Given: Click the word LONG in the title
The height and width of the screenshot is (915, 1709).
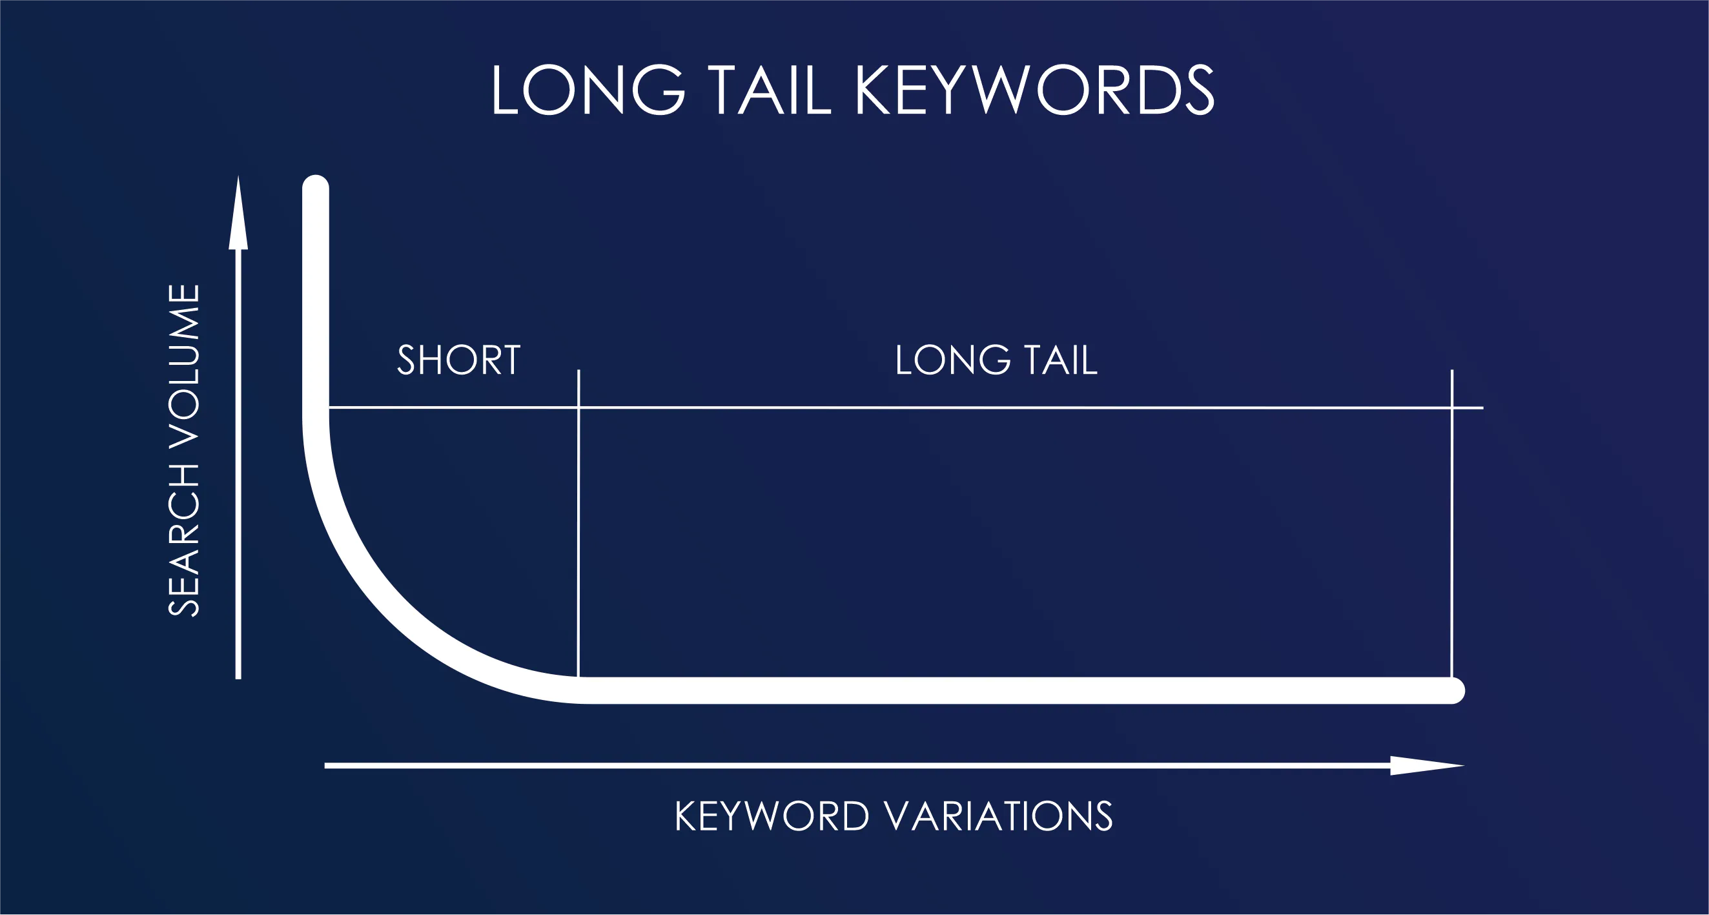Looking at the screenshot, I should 588,91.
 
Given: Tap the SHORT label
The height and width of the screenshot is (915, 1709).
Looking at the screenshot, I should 458,360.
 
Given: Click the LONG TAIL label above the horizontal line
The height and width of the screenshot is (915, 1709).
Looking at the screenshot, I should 996,360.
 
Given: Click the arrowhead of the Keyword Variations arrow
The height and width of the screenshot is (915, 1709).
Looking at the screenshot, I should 1426,766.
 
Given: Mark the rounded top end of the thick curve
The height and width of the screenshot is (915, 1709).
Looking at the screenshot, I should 316,188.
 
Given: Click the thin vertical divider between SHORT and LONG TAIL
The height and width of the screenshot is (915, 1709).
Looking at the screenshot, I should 578,531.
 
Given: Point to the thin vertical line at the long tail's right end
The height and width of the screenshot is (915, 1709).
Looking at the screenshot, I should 1452,531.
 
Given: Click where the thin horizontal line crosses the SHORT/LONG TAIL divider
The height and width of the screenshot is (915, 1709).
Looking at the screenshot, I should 578,407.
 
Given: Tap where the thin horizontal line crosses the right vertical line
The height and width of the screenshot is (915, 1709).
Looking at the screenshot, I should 1452,408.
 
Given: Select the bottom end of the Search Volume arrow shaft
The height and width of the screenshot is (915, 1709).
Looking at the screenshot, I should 238,677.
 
